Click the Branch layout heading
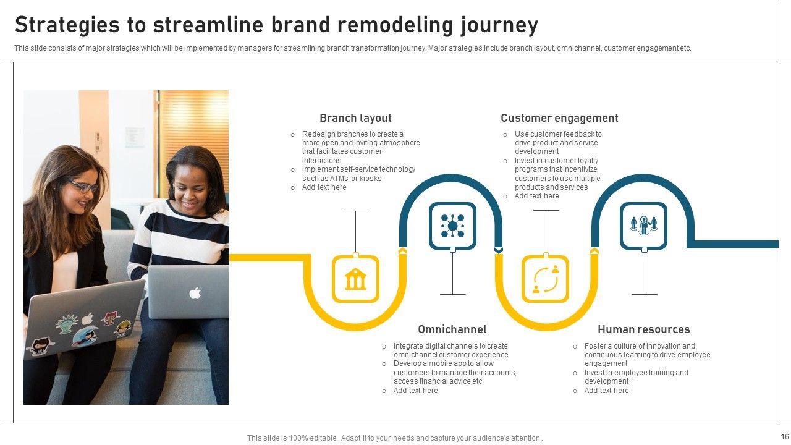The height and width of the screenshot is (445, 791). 355,118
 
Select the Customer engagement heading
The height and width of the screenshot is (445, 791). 559,118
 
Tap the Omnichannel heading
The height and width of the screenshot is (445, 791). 452,329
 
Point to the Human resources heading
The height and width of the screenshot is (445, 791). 643,329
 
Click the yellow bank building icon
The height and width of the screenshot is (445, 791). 355,279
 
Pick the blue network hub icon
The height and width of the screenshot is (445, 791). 452,226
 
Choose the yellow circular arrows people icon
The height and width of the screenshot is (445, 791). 545,279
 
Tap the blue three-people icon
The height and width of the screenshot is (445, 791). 644,226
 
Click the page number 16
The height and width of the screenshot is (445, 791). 785,437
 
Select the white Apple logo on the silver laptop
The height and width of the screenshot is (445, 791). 195,292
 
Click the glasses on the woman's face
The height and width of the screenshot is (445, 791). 85,186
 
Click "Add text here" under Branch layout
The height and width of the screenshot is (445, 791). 324,187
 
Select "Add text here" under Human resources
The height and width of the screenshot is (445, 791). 606,391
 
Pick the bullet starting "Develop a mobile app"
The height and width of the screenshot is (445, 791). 454,373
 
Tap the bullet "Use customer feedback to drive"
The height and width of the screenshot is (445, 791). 557,143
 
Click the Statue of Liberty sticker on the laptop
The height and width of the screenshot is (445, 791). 66,323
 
